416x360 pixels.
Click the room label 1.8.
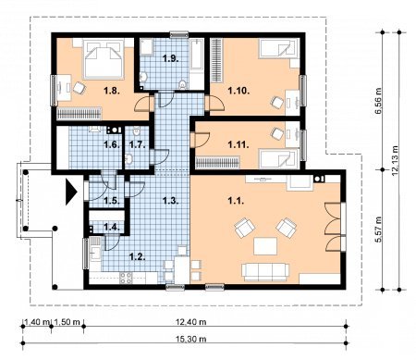pyautogui.click(x=112, y=91)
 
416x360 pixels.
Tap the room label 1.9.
pyautogui.click(x=171, y=58)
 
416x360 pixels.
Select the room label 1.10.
pyautogui.click(x=239, y=91)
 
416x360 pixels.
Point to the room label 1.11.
pyautogui.click(x=239, y=144)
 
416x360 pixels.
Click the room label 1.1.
pyautogui.click(x=236, y=201)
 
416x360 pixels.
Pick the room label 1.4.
pyautogui.click(x=112, y=228)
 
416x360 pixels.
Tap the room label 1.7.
pyautogui.click(x=137, y=144)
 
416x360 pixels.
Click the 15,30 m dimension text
pyautogui.click(x=191, y=339)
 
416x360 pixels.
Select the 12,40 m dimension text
pyautogui.click(x=191, y=322)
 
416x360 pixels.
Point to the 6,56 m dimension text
pyautogui.click(x=378, y=101)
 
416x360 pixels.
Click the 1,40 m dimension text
pyautogui.click(x=37, y=322)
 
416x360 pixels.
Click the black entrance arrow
pyautogui.click(x=71, y=192)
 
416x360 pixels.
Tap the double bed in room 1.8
pyautogui.click(x=104, y=60)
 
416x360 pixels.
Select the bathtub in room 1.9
pyautogui.click(x=197, y=55)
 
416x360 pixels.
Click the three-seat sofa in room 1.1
pyautogui.click(x=265, y=272)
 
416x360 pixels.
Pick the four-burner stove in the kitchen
pyautogui.click(x=126, y=278)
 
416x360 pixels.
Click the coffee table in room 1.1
pyautogui.click(x=265, y=246)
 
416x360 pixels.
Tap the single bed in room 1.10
pyautogui.click(x=279, y=49)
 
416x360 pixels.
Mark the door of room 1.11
pyautogui.click(x=201, y=140)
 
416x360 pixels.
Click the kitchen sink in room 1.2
pyautogui.click(x=95, y=254)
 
